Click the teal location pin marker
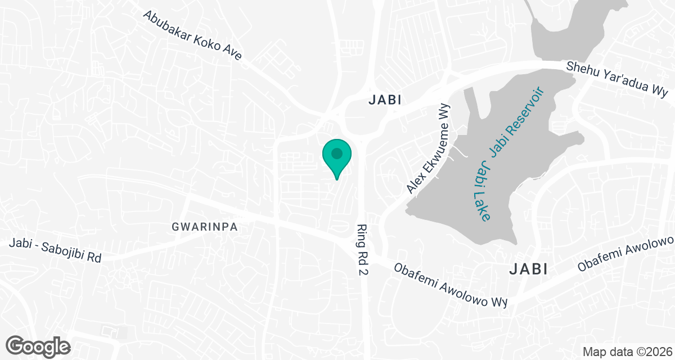click(x=337, y=157)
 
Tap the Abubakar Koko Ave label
click(x=192, y=35)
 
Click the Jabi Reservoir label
click(x=517, y=122)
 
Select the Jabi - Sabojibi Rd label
click(x=55, y=251)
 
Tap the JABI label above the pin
click(x=385, y=100)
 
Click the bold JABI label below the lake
click(x=528, y=269)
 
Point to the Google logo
click(x=39, y=345)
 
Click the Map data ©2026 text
click(x=626, y=352)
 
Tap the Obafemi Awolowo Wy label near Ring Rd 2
click(x=451, y=286)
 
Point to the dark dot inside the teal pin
click(x=337, y=152)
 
